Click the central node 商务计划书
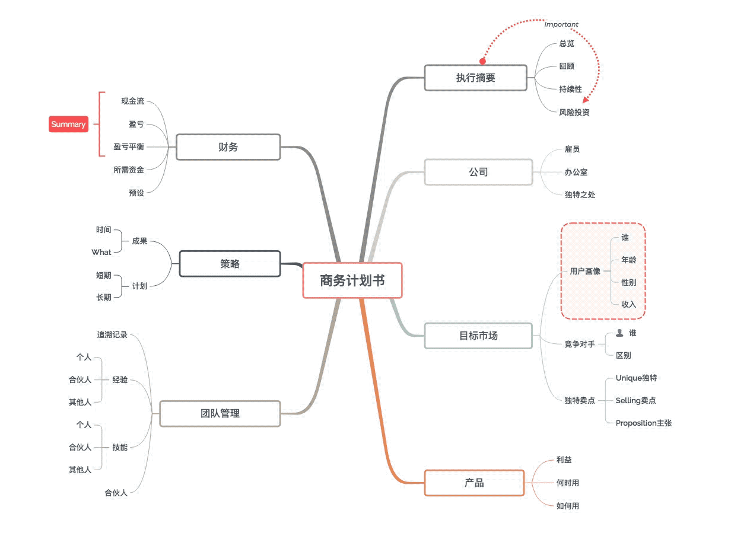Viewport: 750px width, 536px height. point(352,280)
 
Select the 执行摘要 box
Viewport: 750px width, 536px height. point(475,78)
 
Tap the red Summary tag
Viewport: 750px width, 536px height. point(68,125)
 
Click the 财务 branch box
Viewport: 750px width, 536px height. point(228,147)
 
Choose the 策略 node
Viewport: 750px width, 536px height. point(230,264)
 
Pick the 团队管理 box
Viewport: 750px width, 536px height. point(220,413)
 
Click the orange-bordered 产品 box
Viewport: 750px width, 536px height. point(474,483)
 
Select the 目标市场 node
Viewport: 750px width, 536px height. point(478,336)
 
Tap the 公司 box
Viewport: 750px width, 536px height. point(478,172)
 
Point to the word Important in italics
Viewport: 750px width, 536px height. point(561,24)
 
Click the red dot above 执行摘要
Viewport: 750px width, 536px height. point(482,61)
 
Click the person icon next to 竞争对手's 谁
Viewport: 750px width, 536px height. point(619,333)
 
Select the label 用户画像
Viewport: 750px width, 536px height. point(585,271)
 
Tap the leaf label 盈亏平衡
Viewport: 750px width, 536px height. point(129,147)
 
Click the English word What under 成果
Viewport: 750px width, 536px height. point(101,252)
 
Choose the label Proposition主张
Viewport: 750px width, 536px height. point(643,423)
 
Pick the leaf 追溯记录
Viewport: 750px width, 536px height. point(112,335)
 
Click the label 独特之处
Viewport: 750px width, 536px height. point(580,194)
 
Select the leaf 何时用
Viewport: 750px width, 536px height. point(568,483)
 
